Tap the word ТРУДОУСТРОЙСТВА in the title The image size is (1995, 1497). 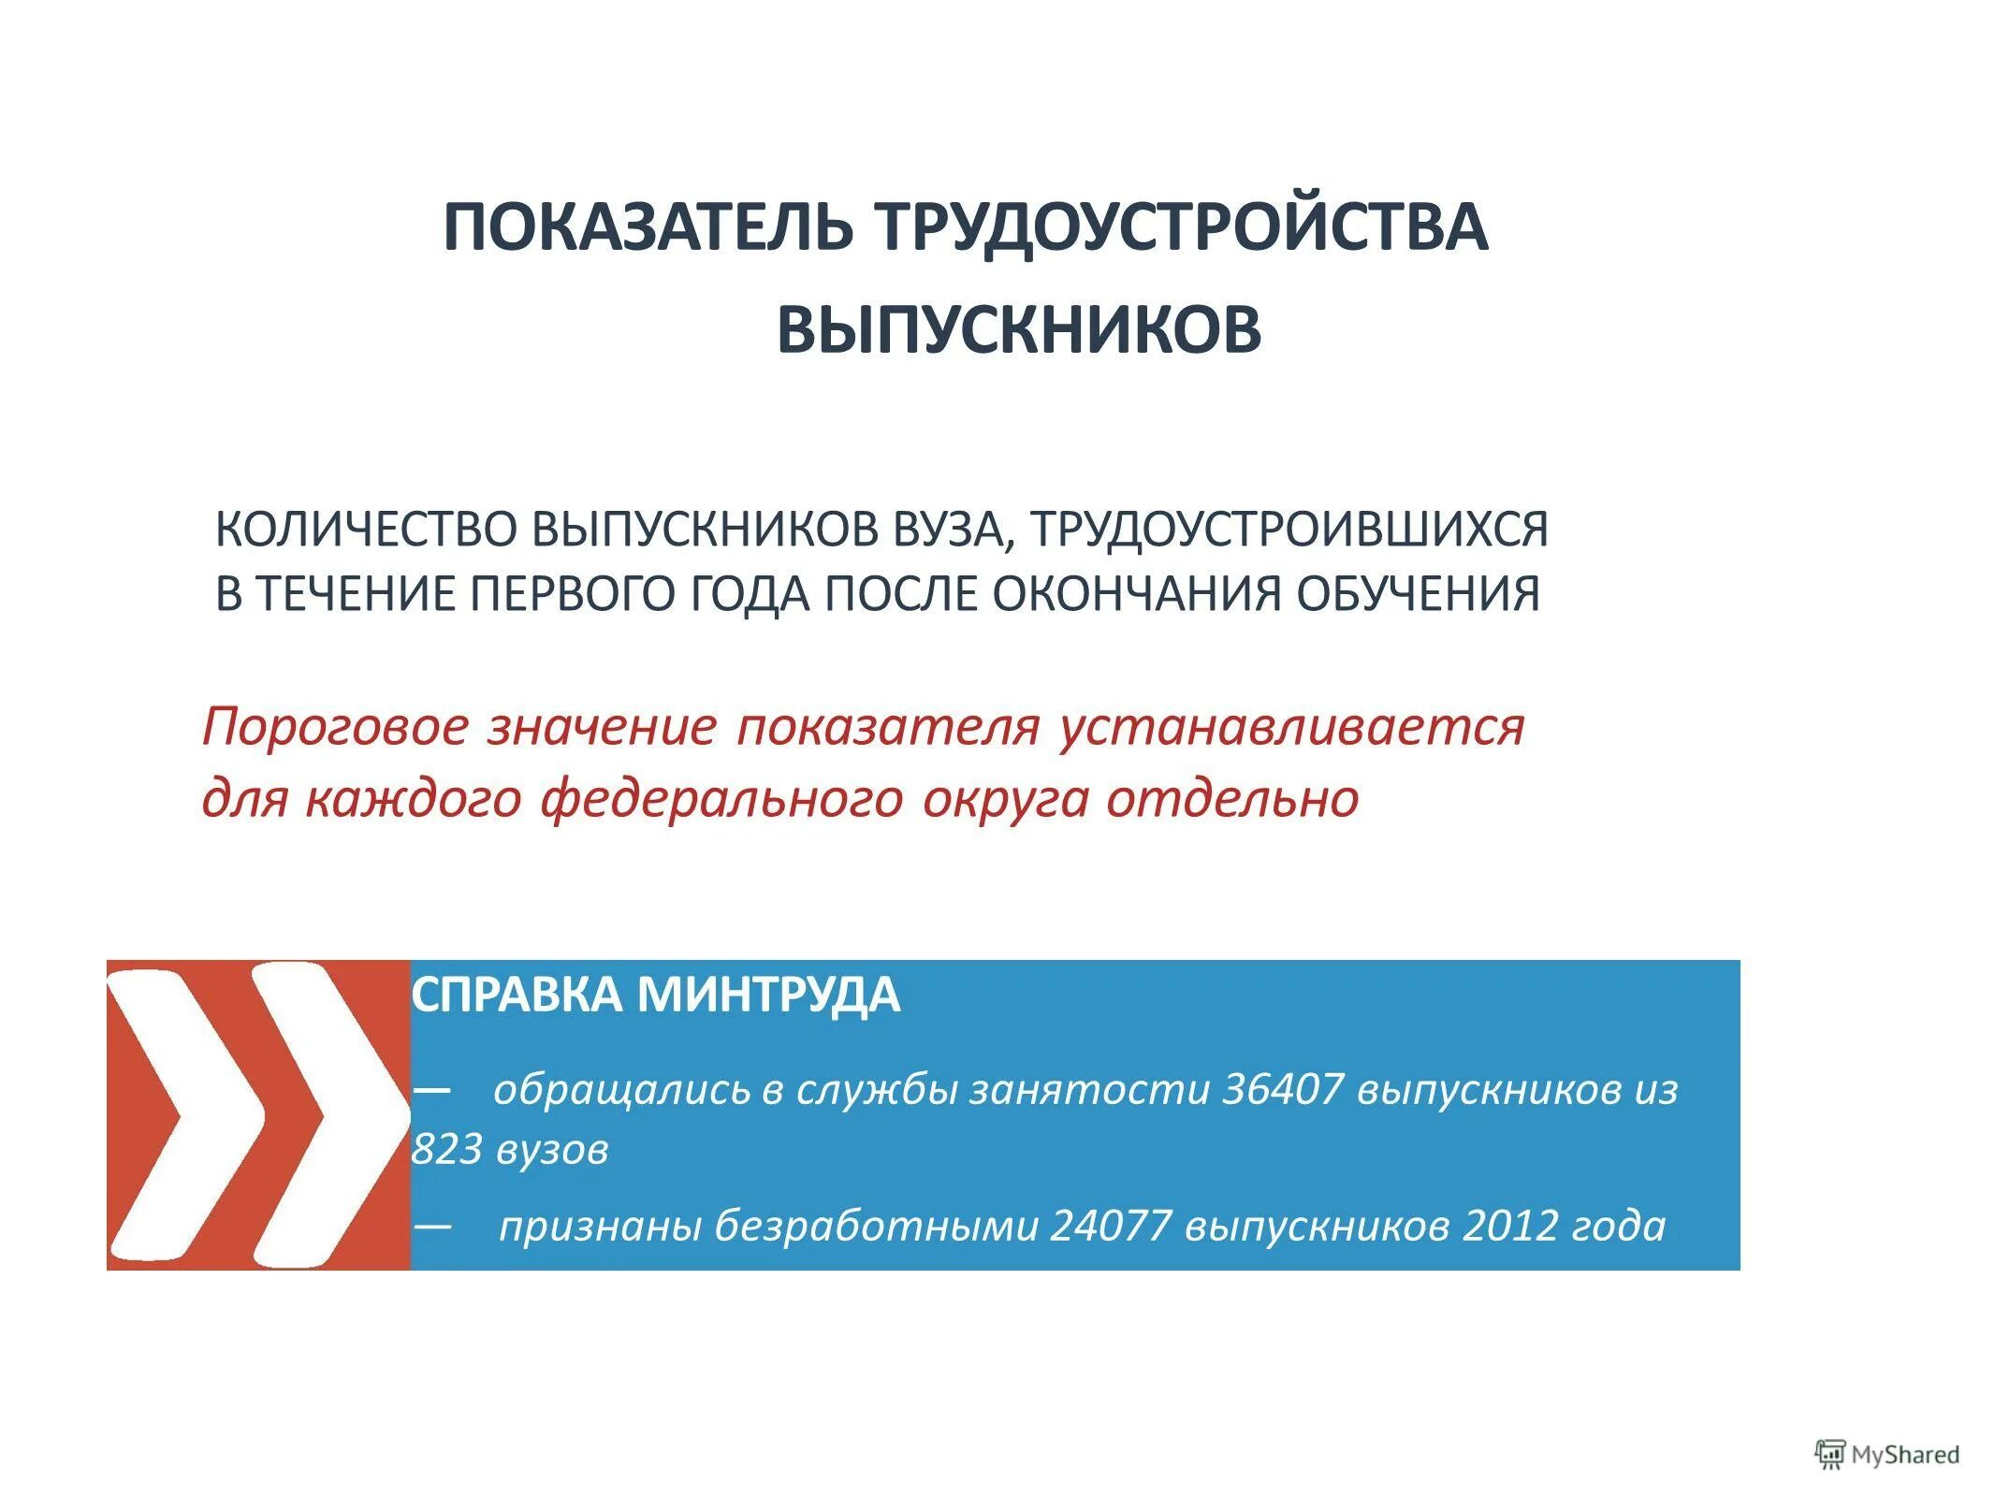(1181, 227)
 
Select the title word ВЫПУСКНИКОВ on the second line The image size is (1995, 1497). (1019, 329)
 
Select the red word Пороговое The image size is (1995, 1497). (334, 727)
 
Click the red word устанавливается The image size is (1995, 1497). (1292, 727)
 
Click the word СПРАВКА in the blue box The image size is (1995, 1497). (517, 995)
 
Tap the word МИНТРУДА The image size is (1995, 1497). (768, 995)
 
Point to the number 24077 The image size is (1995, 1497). (1111, 1226)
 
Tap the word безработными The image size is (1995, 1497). (877, 1226)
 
